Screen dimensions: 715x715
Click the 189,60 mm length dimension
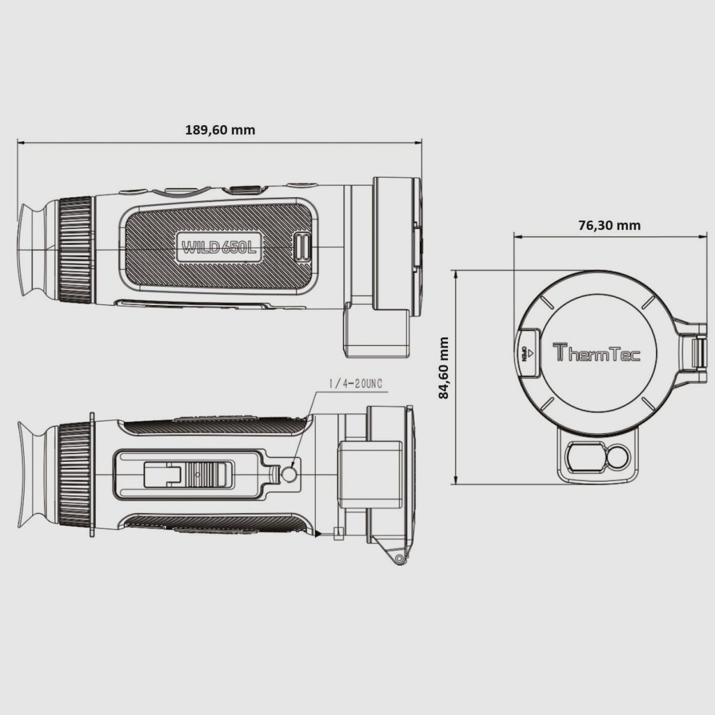coord(220,130)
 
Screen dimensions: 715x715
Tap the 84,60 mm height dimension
coord(443,368)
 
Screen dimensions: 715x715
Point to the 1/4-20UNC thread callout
coord(355,384)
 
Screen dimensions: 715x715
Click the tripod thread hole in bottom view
coord(289,474)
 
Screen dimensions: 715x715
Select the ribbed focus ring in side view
coord(76,248)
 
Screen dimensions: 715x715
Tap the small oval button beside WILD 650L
coord(303,247)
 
